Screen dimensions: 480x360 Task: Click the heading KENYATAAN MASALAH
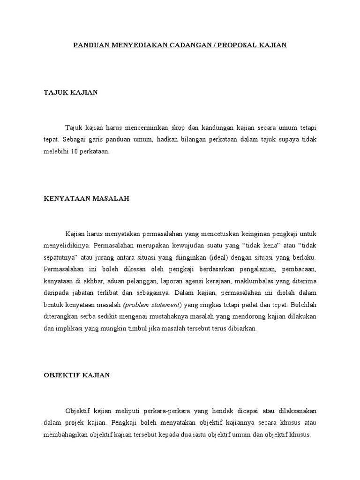(x=86, y=198)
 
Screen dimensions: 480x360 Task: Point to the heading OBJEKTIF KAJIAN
(x=76, y=375)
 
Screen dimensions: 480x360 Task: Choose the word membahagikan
(x=66, y=434)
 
